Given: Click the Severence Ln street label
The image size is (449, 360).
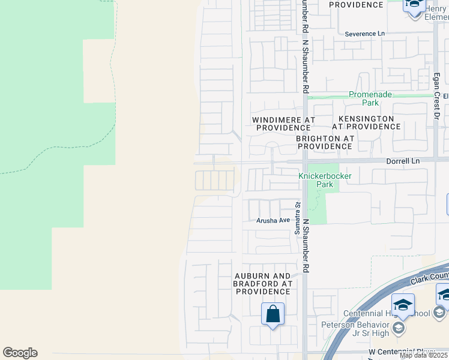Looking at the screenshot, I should [364, 34].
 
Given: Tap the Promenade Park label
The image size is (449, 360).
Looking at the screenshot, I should [370, 98].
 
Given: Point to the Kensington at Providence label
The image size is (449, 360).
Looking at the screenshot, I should [366, 123].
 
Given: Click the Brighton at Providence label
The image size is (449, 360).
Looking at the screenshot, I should [325, 142].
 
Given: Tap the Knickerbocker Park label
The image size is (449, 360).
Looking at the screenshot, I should [324, 180].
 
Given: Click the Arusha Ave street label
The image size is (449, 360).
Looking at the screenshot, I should [273, 221].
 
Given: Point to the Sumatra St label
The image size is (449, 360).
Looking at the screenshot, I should [297, 220].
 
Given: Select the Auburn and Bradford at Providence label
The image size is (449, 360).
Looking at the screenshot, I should [263, 283].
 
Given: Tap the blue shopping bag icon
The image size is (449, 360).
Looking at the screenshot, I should [273, 314].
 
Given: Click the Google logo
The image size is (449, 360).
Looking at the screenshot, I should [20, 353].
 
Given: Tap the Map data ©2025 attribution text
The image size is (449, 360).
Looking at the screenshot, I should [423, 355].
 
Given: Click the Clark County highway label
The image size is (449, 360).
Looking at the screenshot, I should [429, 277].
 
